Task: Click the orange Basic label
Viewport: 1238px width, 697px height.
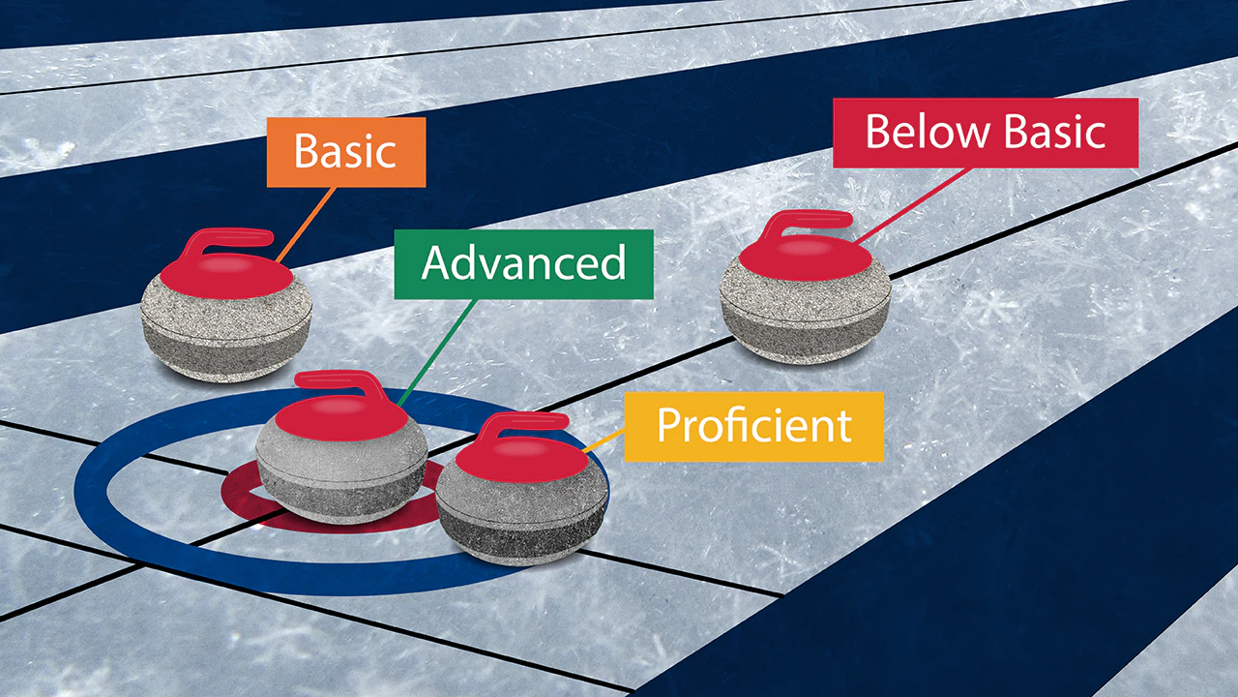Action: [346, 152]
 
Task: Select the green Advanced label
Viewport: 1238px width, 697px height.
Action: [523, 264]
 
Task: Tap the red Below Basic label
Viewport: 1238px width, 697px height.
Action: [986, 133]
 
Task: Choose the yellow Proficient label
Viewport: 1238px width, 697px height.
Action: [753, 427]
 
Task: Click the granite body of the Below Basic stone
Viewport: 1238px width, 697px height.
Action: [806, 320]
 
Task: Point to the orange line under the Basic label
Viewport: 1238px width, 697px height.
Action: [306, 225]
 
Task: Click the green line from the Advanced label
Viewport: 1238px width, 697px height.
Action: [436, 353]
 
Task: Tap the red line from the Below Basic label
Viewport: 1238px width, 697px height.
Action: [912, 205]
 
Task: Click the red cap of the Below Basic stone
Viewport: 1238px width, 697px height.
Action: [806, 258]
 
